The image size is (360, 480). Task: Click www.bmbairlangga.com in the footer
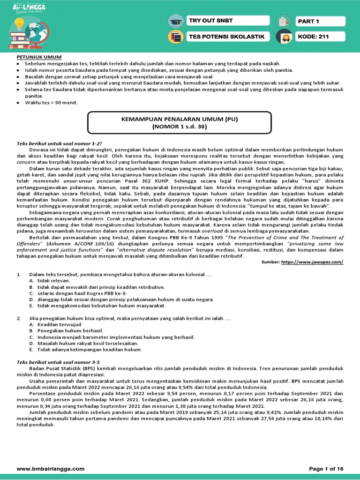click(x=51, y=469)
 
